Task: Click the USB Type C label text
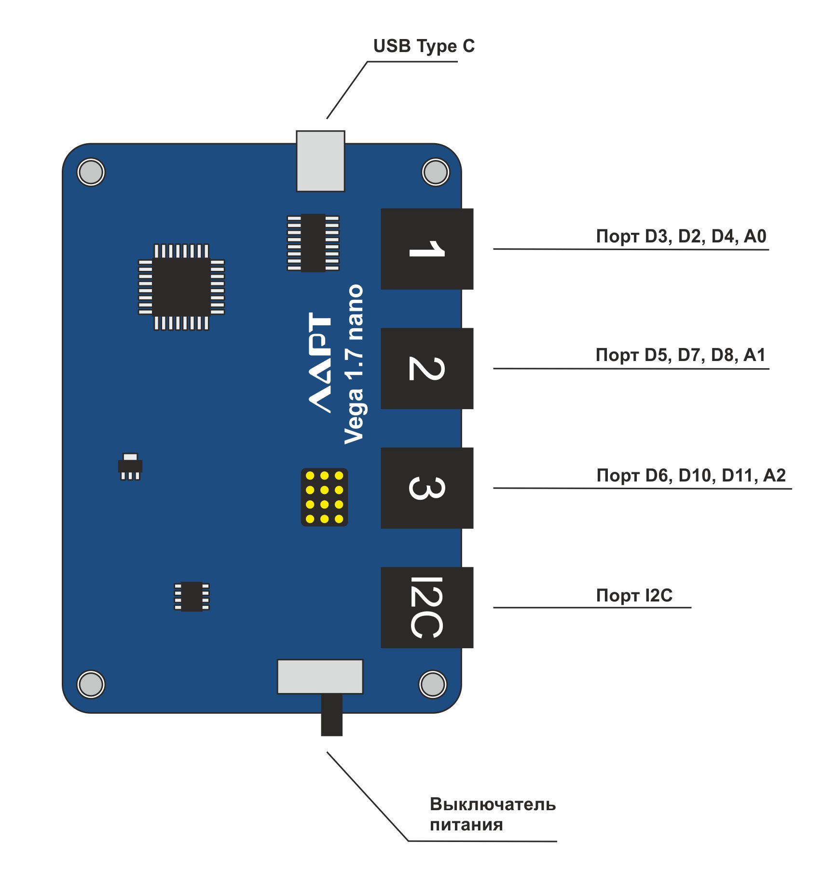coord(424,46)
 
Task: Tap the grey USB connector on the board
coord(320,161)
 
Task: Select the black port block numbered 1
coord(426,249)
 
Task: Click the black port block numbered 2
coord(426,368)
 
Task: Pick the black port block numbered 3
coord(426,488)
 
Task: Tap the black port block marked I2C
coord(426,607)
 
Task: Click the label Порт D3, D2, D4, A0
coord(681,236)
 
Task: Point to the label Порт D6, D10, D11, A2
coord(691,475)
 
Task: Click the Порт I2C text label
coord(634,595)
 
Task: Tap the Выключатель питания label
coord(492,815)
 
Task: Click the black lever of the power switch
coord(331,715)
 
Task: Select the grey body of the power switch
coord(320,677)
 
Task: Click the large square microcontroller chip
coord(181,287)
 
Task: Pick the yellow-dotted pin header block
coord(324,497)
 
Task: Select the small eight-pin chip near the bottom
coord(192,596)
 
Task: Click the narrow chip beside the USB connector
coord(313,243)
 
